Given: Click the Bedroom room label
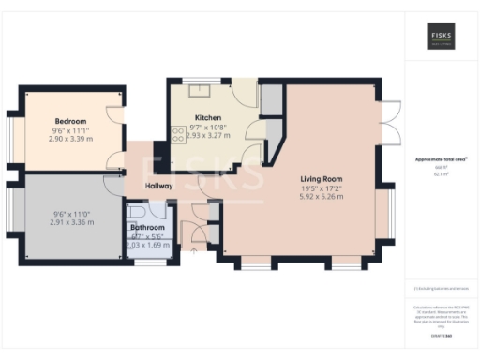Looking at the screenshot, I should (70, 121).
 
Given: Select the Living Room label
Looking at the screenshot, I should (321, 178).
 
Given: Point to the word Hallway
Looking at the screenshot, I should (159, 186).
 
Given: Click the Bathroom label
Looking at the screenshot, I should (147, 228).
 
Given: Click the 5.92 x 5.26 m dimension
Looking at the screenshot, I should (321, 197).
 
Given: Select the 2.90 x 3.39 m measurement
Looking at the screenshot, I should (70, 139).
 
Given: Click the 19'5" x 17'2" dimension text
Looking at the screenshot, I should (321, 187).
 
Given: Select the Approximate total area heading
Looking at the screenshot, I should (441, 160).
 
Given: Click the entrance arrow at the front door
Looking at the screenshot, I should (193, 250).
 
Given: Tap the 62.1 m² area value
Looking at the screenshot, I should (441, 174).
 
